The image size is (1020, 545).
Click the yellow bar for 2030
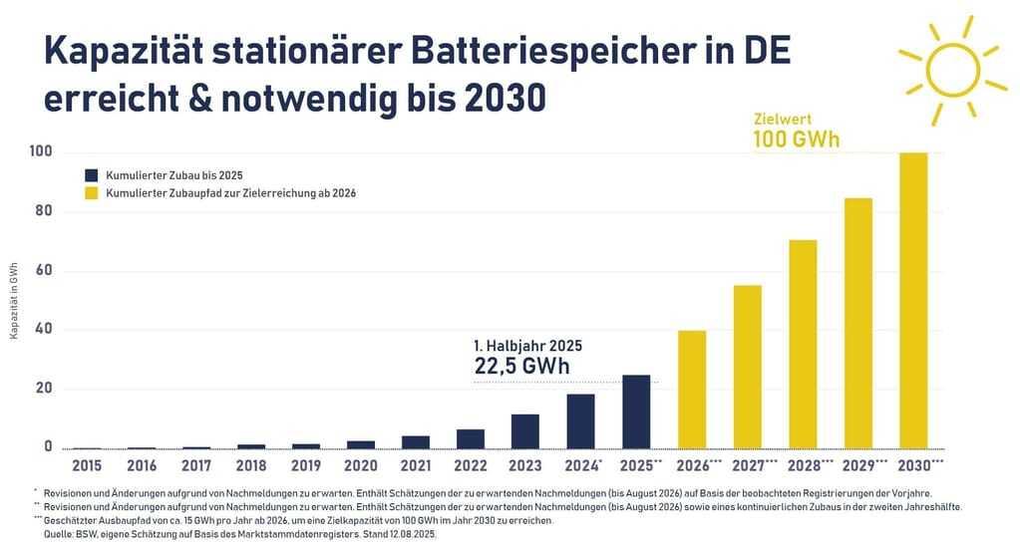913,300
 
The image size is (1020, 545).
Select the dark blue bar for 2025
636,411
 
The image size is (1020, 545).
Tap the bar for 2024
580,421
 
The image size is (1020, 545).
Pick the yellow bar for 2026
691,390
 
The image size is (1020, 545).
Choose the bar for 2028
803,344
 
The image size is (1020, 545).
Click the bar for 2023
525,430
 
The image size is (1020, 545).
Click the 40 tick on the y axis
43,329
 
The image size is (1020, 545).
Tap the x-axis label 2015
87,465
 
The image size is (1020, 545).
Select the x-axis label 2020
360,465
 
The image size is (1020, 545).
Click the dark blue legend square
92,175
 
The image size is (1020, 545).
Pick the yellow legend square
92,193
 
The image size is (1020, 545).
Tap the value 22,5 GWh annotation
520,366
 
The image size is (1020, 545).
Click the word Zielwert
777,118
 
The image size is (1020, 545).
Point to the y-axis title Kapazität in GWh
14,299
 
